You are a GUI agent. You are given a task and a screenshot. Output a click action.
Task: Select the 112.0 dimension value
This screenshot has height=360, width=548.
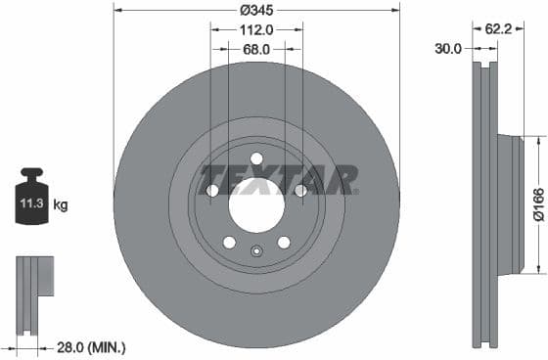[256, 29]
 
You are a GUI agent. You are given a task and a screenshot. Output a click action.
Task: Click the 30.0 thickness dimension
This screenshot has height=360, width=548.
[449, 48]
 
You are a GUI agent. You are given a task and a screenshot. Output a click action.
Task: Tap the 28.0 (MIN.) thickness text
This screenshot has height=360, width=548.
[92, 347]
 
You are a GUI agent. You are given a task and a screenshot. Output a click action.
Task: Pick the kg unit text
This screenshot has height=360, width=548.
[61, 205]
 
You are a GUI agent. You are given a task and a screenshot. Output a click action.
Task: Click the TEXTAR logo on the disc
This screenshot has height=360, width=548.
[279, 180]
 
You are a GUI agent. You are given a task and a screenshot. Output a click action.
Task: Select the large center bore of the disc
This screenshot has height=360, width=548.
[256, 206]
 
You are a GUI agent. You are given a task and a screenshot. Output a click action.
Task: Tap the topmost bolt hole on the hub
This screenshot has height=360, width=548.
[256, 158]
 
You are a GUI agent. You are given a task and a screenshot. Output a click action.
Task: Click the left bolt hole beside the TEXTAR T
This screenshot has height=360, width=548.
[211, 190]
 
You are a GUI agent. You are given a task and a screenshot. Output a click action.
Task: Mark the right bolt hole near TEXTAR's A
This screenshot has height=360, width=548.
[301, 190]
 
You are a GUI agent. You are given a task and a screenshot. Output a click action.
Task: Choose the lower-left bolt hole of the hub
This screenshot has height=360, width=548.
[229, 243]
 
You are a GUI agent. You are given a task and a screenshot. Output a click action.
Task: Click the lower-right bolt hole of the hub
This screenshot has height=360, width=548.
[284, 243]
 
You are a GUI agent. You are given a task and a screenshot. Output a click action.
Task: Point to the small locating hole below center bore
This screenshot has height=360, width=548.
[256, 250]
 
